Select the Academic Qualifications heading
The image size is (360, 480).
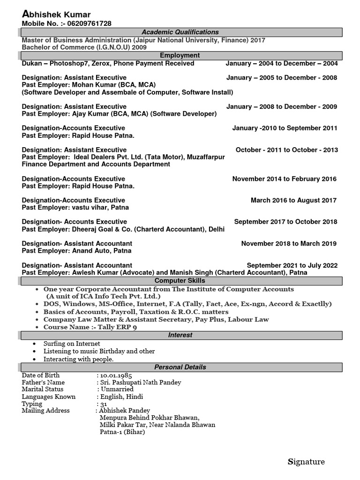(180, 32)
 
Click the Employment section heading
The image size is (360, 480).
(180, 55)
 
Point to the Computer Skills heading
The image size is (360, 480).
(180, 281)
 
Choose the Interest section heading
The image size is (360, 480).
(180, 335)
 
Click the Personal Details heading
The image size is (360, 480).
(180, 367)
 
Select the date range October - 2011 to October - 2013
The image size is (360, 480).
(286, 150)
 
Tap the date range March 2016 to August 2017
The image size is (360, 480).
(293, 200)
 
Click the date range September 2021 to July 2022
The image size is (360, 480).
(292, 265)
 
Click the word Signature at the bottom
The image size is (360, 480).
(306, 462)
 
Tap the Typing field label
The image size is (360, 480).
(32, 404)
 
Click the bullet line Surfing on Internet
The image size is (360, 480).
(72, 344)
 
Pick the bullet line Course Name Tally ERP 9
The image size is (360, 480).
(90, 327)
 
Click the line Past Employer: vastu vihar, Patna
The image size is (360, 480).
(75, 207)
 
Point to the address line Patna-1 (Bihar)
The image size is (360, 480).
(122, 432)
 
